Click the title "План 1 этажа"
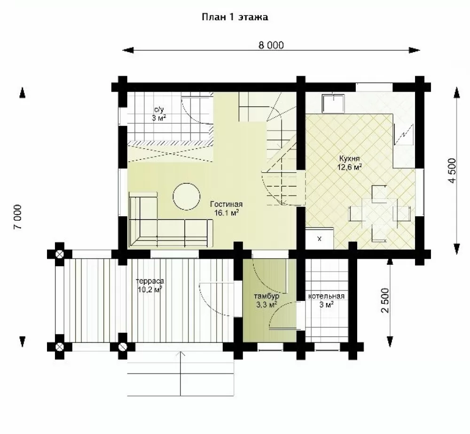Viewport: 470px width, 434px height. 235,17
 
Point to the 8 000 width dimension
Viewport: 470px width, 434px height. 271,45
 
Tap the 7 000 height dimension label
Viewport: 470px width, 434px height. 18,217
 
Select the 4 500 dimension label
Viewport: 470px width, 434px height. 452,170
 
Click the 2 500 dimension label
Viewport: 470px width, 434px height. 385,300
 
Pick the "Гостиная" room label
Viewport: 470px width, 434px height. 227,204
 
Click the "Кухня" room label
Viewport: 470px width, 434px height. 350,158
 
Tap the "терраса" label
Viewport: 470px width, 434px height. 150,281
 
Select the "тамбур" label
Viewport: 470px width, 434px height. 267,296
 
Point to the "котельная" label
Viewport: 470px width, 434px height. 327,296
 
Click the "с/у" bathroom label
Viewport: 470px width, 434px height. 159,110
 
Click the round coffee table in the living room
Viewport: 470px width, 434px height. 187,197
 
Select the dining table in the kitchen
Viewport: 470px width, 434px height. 380,213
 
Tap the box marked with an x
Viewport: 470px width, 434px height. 319,238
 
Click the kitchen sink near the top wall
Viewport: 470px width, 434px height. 333,104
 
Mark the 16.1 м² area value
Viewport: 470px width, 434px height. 227,213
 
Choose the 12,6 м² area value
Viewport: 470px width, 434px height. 350,167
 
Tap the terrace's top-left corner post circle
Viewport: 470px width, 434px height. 60,255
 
